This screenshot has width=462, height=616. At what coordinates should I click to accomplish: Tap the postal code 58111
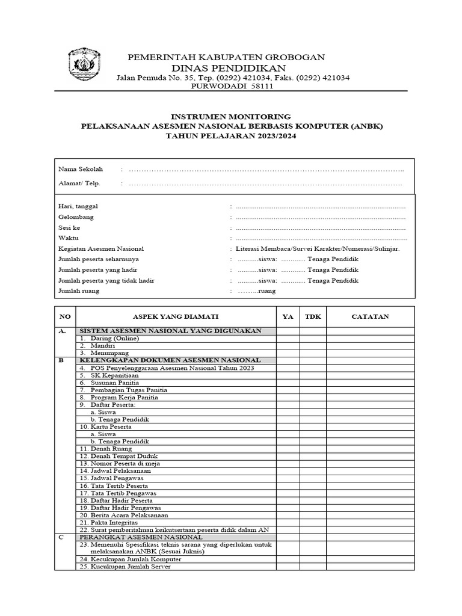pyautogui.click(x=261, y=87)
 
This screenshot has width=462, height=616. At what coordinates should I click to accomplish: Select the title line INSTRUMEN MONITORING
pyautogui.click(x=231, y=116)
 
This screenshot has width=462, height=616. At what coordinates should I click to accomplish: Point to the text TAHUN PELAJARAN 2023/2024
pyautogui.click(x=231, y=137)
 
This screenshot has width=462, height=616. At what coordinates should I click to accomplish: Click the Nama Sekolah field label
pyautogui.click(x=81, y=169)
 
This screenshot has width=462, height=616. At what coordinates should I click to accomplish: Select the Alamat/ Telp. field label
pyautogui.click(x=79, y=183)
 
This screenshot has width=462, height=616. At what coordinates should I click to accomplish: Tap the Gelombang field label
pyautogui.click(x=76, y=217)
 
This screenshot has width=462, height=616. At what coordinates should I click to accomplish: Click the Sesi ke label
pyautogui.click(x=69, y=227)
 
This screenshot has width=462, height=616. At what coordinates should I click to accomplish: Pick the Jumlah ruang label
pyautogui.click(x=79, y=291)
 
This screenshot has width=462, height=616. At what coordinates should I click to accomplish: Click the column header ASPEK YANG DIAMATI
pyautogui.click(x=176, y=316)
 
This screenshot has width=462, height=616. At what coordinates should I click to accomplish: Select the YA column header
pyautogui.click(x=288, y=316)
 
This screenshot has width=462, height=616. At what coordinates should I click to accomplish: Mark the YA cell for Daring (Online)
pyautogui.click(x=288, y=339)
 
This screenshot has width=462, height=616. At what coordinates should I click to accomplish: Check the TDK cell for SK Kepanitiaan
pyautogui.click(x=313, y=375)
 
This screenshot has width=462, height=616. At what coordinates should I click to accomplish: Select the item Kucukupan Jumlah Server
pyautogui.click(x=125, y=567)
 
